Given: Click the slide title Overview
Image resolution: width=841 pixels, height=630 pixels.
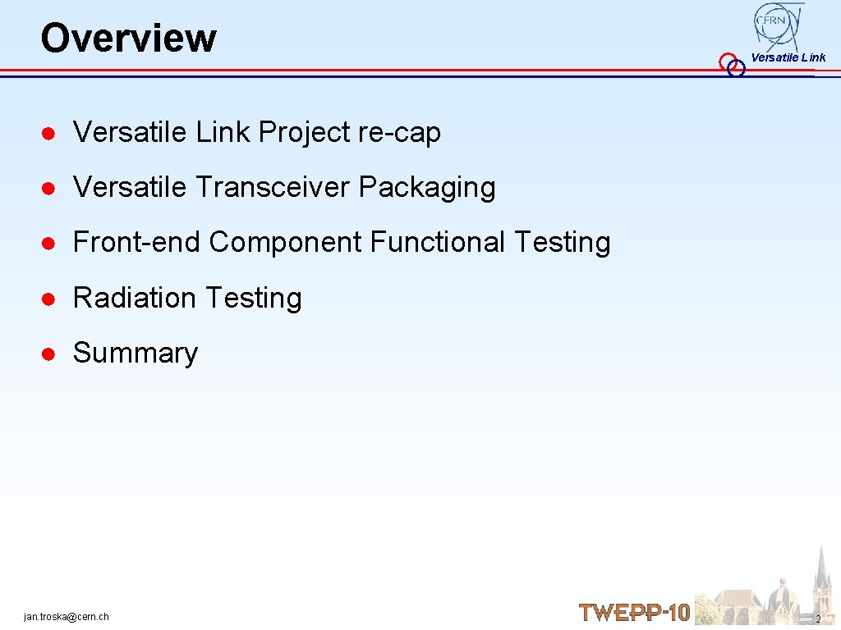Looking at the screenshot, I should pos(128,38).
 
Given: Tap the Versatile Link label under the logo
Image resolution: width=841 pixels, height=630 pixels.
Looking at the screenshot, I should pos(788,57).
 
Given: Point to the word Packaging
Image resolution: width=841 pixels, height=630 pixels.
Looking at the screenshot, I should pos(427,188).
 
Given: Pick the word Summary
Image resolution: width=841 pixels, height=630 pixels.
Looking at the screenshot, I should pos(136,353).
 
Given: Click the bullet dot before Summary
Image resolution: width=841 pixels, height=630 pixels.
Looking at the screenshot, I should pos(49,354).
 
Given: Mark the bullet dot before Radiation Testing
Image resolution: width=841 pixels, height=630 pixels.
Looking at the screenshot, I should pos(49,299).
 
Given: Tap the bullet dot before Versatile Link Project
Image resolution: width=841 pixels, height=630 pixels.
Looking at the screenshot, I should pos(49,133).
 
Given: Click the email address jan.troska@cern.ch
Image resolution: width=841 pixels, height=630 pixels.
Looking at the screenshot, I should pos(67,616).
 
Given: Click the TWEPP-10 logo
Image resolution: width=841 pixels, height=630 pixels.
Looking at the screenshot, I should pos(634,612).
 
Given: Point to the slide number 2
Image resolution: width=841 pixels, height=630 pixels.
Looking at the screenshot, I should pos(818,618).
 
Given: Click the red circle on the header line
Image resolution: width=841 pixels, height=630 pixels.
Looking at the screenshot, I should pos(727,62).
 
